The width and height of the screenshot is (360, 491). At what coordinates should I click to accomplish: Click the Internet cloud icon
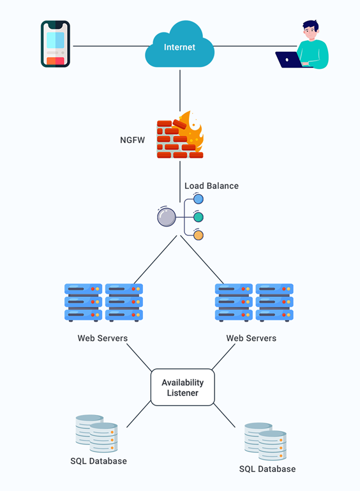click(180, 45)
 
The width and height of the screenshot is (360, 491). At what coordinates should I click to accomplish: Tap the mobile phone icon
click(56, 44)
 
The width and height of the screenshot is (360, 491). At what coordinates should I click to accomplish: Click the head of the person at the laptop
click(311, 30)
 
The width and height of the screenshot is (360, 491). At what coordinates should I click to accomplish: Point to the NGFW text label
click(132, 140)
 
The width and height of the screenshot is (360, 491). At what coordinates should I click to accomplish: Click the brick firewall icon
click(180, 134)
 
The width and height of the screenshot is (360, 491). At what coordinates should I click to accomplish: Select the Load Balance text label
click(211, 186)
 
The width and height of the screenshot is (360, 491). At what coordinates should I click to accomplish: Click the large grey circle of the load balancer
click(166, 217)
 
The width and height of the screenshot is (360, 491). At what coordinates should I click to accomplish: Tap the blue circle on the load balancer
click(199, 199)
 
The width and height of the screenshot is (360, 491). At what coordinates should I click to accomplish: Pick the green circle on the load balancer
click(199, 217)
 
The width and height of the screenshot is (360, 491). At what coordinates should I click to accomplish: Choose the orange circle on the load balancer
click(199, 235)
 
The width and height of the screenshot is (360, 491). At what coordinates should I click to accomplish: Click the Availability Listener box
click(183, 388)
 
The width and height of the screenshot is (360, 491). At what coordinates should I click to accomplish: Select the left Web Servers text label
click(103, 338)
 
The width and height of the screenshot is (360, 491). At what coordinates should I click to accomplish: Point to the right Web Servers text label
click(251, 338)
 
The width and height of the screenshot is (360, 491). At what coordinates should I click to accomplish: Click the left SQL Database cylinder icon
click(97, 434)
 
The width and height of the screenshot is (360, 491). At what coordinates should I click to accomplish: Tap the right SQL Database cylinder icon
click(266, 442)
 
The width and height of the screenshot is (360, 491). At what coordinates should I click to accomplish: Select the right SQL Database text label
click(267, 469)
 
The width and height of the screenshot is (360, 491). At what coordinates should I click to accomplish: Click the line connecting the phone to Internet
click(111, 46)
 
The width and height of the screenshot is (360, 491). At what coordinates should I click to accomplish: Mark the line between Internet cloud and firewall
click(180, 91)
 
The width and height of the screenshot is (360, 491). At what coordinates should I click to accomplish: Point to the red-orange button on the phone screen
click(56, 61)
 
